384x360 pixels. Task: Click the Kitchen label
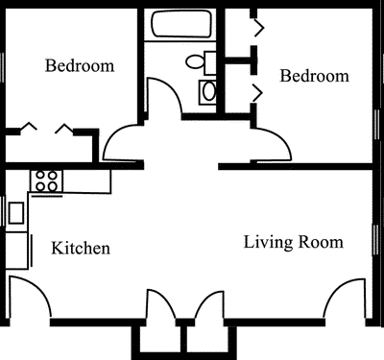[81, 249]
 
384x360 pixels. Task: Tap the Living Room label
[293, 242]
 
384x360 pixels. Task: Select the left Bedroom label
[81, 66]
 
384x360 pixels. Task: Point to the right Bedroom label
[314, 76]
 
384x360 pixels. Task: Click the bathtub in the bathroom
[180, 27]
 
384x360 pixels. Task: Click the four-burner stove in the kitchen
[46, 179]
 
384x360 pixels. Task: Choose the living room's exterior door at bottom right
[346, 297]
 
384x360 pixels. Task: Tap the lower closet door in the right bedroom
[257, 92]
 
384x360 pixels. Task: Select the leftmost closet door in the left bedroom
[28, 127]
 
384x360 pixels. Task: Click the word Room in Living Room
[322, 242]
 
